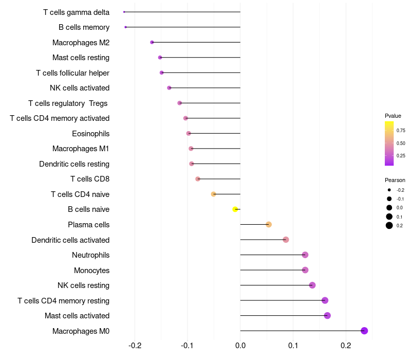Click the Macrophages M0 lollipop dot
364,331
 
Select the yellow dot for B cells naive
235,209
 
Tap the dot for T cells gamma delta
124,12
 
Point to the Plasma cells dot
269,224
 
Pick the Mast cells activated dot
327,316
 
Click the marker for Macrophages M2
152,42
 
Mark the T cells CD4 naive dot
214,194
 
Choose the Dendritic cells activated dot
286,240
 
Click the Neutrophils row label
90,255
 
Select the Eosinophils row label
90,134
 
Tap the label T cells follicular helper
72,73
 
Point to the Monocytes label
91,271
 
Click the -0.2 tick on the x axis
135,345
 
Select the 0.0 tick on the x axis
240,345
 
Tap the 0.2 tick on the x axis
346,345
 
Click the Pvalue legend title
393,116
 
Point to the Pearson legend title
395,181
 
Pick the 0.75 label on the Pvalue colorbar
401,131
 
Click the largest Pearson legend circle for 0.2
389,225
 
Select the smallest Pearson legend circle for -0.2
389,190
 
